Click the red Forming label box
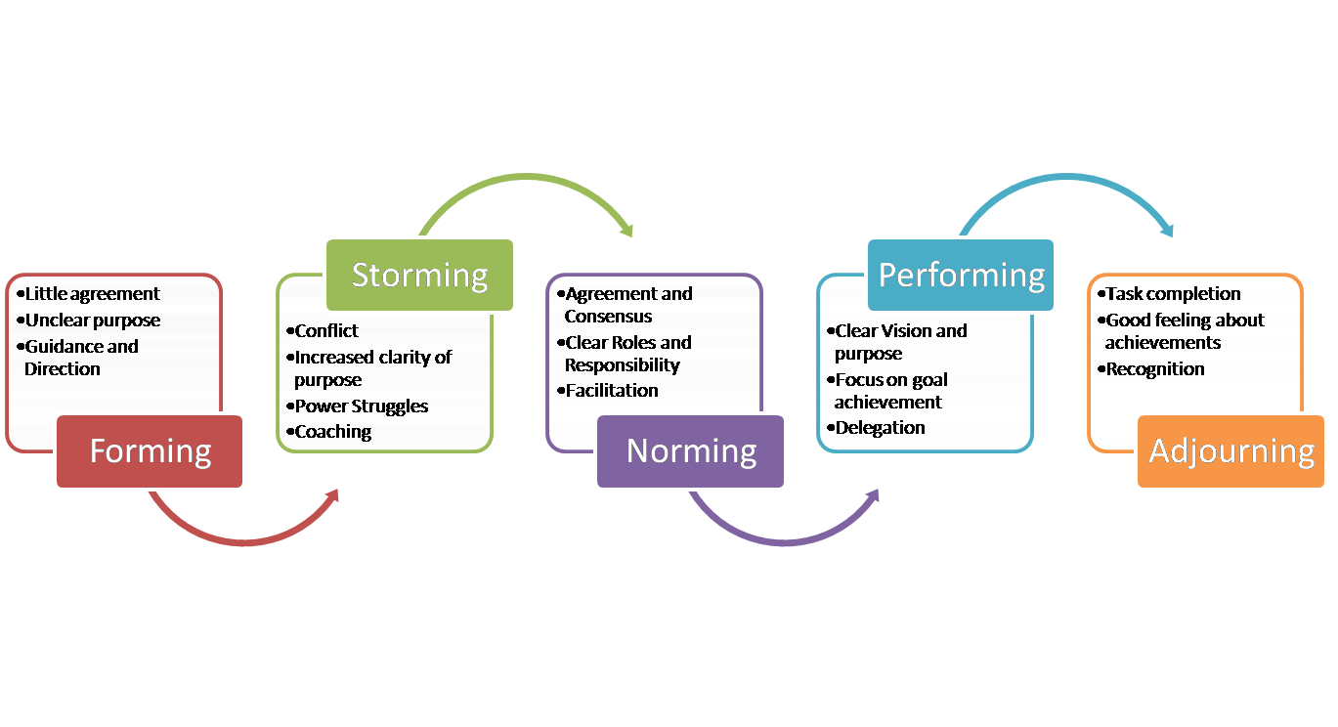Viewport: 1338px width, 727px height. (x=151, y=451)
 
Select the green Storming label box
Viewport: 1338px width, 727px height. (x=420, y=275)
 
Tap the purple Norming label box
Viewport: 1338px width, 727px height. (x=691, y=451)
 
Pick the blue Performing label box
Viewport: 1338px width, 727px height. (x=962, y=275)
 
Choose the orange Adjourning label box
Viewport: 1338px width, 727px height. (x=1231, y=451)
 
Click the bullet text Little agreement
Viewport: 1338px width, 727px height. (x=92, y=293)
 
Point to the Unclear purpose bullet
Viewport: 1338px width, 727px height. (x=92, y=320)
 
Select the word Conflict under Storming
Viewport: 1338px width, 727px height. (x=326, y=330)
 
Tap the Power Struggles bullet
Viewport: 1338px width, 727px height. (x=362, y=406)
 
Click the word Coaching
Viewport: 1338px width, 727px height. (x=332, y=431)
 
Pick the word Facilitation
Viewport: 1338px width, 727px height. (x=612, y=390)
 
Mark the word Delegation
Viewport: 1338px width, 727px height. (x=880, y=427)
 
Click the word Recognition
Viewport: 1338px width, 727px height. (x=1154, y=368)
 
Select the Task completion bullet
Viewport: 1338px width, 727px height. (x=1173, y=293)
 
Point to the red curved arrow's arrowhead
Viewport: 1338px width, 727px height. (x=332, y=496)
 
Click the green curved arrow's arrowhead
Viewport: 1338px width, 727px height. (x=626, y=231)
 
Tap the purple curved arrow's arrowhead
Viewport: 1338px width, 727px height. (x=872, y=496)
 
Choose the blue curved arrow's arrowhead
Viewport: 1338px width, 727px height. (x=1166, y=231)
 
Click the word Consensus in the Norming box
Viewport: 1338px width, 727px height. (x=608, y=316)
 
